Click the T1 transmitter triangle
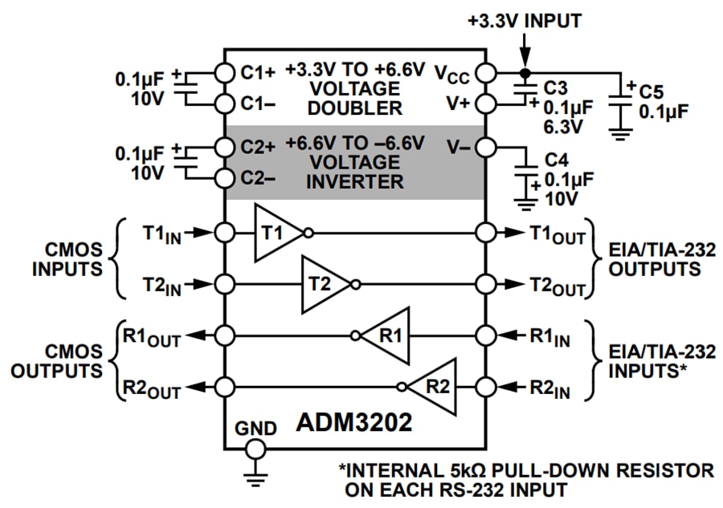pos(274,233)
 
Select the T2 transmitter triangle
pos(321,284)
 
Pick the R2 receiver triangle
pos(435,386)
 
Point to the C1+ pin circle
pos(225,71)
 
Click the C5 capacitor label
pos(657,90)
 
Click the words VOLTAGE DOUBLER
pos(353,98)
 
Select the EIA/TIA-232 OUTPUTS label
pos(654,258)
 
